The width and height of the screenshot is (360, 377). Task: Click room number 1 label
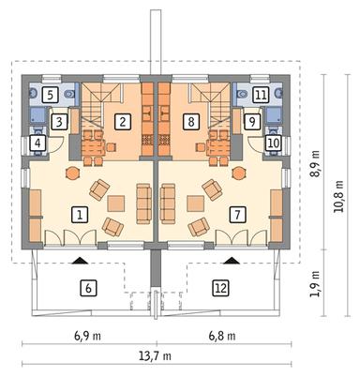81,214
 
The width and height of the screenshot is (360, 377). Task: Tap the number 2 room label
122,120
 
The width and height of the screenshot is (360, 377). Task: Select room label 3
58,121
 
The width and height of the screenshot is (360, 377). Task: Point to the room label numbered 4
38,143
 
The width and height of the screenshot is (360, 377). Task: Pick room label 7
238,214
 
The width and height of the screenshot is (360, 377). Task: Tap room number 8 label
191,120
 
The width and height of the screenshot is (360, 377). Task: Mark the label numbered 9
252,121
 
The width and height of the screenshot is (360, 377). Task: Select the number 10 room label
272,143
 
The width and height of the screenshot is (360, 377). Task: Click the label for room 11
261,95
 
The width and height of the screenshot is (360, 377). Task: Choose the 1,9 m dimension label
315,281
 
